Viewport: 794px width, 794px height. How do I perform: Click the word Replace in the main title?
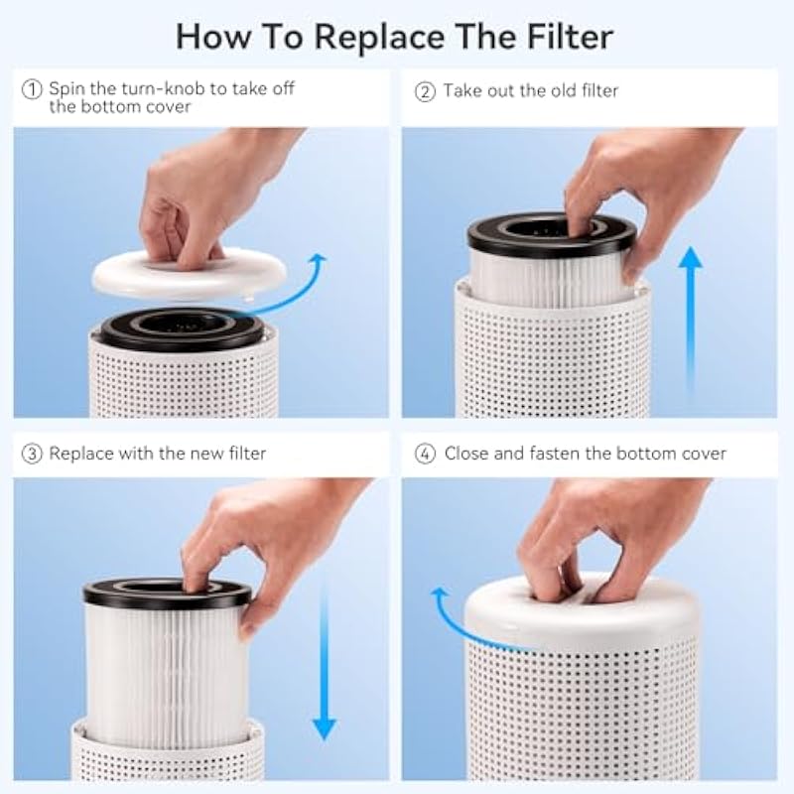pyautogui.click(x=380, y=38)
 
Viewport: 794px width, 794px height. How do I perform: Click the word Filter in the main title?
pyautogui.click(x=570, y=37)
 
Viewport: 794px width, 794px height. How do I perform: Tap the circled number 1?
pyautogui.click(x=32, y=89)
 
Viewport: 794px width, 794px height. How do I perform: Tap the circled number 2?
pyautogui.click(x=425, y=91)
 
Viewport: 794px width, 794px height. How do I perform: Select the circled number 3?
pyautogui.click(x=32, y=454)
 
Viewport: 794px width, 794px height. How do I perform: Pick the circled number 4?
pyautogui.click(x=425, y=454)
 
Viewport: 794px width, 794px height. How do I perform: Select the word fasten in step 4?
pyautogui.click(x=555, y=453)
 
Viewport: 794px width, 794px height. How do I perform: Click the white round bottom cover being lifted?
pyautogui.click(x=189, y=275)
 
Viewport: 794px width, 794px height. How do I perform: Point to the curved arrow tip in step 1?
pyautogui.click(x=320, y=258)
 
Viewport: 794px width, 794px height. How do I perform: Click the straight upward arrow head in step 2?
pyautogui.click(x=690, y=257)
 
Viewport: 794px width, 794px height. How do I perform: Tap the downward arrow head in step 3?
pyautogui.click(x=325, y=729)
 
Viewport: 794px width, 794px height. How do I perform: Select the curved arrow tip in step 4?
pyautogui.click(x=440, y=593)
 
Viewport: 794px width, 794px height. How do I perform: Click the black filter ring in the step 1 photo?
pyautogui.click(x=182, y=330)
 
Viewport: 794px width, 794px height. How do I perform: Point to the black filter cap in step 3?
pyautogui.click(x=167, y=594)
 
